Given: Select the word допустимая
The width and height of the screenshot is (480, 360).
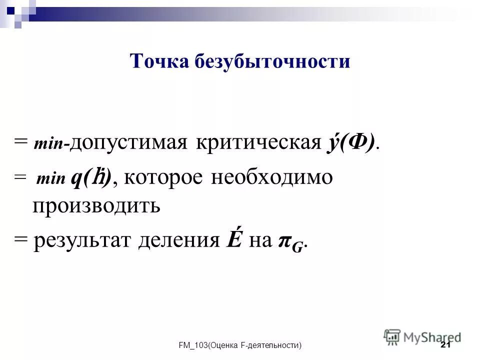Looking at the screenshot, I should (129, 143).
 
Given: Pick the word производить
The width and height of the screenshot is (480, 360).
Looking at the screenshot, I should (96, 205).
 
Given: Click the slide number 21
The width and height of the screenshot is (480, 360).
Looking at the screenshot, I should (446, 345).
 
